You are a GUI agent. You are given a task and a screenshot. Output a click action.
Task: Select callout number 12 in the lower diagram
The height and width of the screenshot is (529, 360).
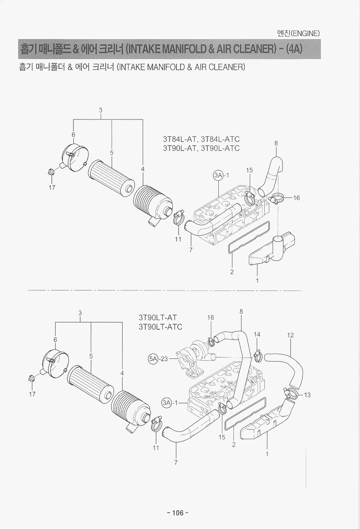(290, 335)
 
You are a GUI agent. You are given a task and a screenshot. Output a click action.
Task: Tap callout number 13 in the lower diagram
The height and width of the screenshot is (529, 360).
(307, 395)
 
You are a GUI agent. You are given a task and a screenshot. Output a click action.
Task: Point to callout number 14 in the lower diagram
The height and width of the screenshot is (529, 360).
(257, 334)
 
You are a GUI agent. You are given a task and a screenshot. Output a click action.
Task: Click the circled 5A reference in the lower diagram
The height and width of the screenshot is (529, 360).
(153, 358)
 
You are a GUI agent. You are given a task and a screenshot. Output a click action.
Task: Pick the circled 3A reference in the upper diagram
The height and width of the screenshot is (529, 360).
(218, 175)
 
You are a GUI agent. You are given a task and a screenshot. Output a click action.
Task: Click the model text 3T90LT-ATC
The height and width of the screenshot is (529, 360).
(160, 327)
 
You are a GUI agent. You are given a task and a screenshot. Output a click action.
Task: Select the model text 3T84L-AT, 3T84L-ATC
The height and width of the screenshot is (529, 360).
(201, 140)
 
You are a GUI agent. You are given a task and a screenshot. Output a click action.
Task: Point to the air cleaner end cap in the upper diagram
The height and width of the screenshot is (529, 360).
(73, 156)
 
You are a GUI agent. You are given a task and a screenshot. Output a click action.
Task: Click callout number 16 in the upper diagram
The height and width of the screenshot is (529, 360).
(297, 198)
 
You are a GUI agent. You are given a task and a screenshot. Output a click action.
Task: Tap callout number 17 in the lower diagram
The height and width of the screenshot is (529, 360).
(32, 394)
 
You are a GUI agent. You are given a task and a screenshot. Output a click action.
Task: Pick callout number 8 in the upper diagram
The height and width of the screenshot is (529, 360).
(276, 143)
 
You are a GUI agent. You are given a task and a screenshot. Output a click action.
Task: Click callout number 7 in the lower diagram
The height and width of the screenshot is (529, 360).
(176, 462)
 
